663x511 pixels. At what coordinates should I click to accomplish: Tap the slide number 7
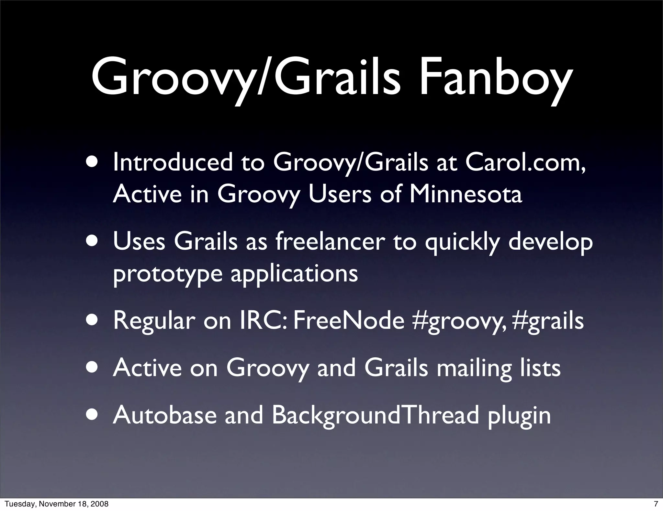[656, 504]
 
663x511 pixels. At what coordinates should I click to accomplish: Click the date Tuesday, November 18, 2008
[56, 504]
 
